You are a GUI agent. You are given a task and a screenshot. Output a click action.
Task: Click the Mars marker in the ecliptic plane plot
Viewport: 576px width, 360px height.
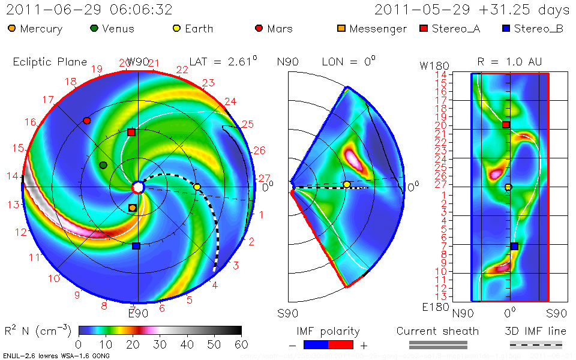87,121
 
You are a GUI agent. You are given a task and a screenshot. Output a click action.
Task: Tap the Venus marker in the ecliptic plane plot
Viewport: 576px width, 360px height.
103,165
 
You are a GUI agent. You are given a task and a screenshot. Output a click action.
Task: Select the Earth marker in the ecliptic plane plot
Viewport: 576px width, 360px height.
197,187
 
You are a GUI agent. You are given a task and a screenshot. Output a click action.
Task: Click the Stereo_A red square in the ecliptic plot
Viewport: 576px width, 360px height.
131,132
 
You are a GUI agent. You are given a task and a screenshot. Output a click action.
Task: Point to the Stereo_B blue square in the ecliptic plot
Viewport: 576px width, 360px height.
136,246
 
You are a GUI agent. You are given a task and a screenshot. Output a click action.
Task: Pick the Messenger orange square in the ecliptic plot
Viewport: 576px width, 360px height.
133,208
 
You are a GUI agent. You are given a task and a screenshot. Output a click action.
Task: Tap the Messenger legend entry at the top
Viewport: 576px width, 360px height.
372,29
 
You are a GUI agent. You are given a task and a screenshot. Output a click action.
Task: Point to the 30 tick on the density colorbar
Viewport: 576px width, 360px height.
160,344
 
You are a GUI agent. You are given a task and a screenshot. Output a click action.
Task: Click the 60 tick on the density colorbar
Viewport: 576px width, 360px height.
241,344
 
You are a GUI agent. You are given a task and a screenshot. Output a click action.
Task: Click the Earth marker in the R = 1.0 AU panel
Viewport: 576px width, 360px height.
508,187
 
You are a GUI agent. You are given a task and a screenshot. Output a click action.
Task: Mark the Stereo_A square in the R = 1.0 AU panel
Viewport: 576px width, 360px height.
506,124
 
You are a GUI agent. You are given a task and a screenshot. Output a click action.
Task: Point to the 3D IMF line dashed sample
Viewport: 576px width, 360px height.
536,344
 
